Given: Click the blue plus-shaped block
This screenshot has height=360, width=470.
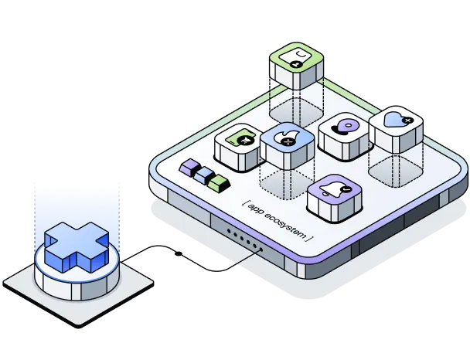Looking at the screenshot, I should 75,246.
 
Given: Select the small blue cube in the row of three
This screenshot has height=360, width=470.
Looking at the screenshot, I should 204,174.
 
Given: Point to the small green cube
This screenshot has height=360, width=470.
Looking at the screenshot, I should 220,182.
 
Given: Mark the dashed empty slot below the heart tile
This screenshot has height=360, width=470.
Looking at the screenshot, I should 392,168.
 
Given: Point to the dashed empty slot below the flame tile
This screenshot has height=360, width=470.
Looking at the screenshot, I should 283,184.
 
